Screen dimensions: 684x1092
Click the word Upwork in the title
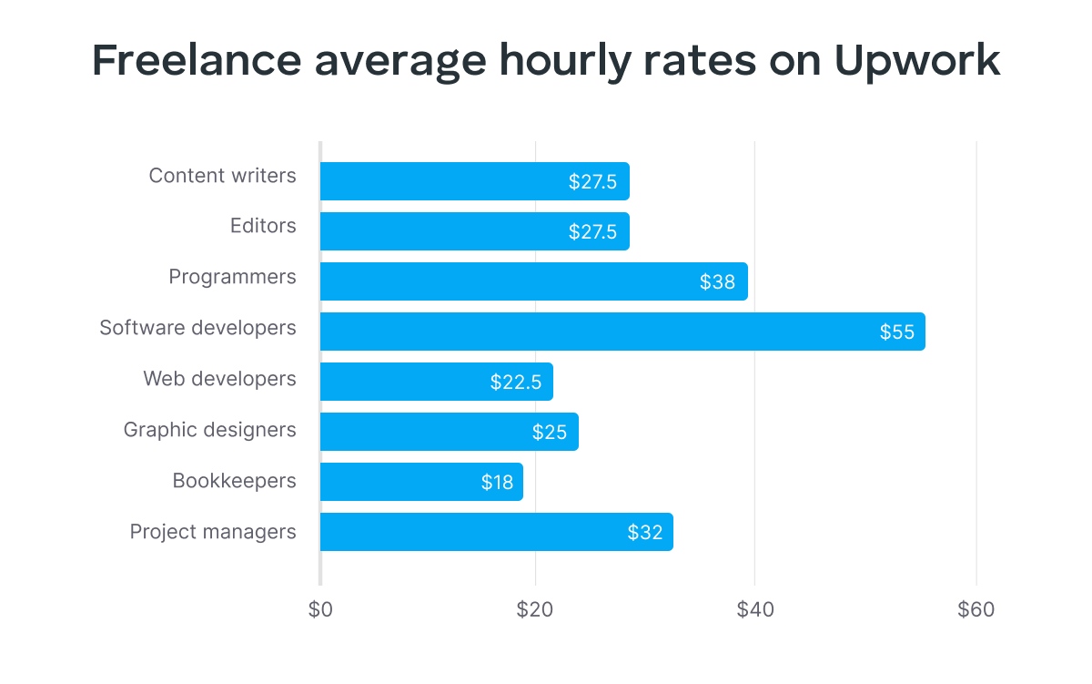coord(916,61)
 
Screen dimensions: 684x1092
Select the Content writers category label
coord(222,176)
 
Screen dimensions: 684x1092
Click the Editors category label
coord(263,226)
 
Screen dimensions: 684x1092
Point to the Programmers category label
coord(232,276)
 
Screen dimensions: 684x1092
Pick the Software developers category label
coord(197,327)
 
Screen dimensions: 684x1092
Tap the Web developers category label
coord(219,378)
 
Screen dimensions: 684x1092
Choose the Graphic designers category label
coord(209,429)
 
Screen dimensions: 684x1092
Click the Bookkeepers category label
coord(234,480)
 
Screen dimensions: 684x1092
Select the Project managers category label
coord(213,531)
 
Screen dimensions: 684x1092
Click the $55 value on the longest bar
coord(896,332)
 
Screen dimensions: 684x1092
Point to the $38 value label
coord(717,282)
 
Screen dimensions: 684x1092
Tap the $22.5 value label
coord(516,383)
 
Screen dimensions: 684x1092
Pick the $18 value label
coord(498,483)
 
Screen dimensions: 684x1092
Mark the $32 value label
coord(645,533)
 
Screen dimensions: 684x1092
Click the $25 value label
coord(550,433)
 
